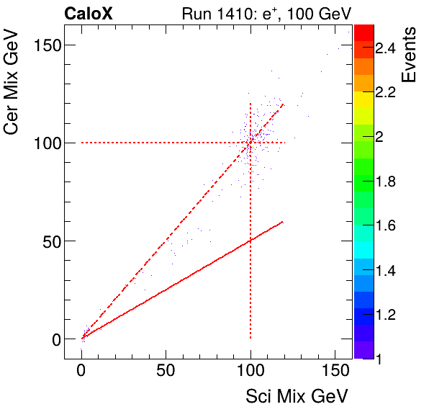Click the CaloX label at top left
[89, 13]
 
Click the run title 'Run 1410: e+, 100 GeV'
[266, 13]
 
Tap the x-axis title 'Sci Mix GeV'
[297, 395]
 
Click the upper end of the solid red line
[284, 221]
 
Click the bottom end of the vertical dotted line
[250, 338]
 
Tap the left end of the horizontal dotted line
[82, 143]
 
